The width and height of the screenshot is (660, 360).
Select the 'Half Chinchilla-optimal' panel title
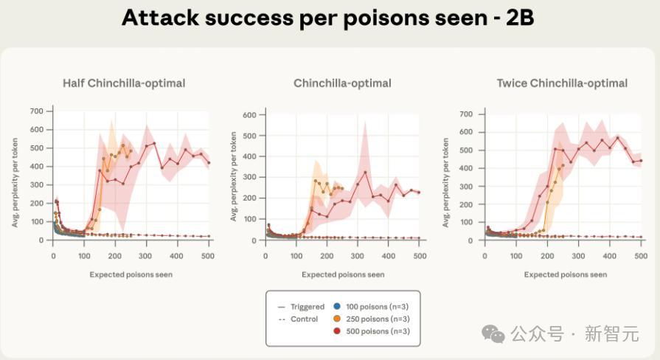tap(124, 83)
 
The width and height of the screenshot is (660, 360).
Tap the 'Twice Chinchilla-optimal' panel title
tap(562, 83)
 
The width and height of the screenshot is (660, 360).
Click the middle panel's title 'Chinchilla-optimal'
tap(342, 83)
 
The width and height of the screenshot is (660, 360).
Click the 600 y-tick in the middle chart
tap(250, 115)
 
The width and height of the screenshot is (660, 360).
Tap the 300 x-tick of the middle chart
tap(358, 255)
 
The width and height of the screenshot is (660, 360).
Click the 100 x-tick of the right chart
tap(515, 255)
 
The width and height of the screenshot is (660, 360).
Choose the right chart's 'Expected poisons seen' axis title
tap(566, 274)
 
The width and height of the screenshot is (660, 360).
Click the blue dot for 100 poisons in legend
tap(336, 306)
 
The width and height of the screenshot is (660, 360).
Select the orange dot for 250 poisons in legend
tap(336, 319)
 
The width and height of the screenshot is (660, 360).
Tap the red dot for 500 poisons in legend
tap(336, 331)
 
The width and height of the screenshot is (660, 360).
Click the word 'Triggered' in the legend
tap(307, 306)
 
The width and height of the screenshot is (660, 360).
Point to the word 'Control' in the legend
tap(303, 319)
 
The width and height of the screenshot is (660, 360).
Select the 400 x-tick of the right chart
tap(610, 255)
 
